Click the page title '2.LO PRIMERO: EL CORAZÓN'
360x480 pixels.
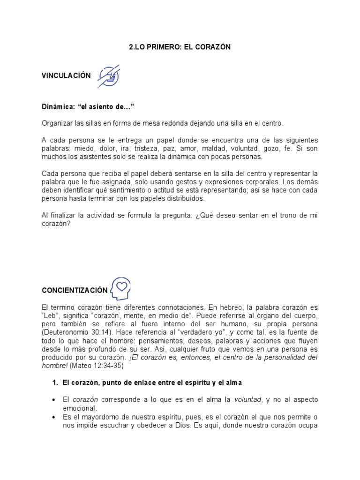pyautogui.click(x=180, y=47)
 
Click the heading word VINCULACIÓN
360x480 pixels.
pyautogui.click(x=66, y=76)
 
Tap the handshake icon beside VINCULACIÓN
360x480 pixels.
pyautogui.click(x=109, y=76)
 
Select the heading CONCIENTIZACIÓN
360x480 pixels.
pyautogui.click(x=75, y=290)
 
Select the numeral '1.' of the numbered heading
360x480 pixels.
pyautogui.click(x=55, y=383)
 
